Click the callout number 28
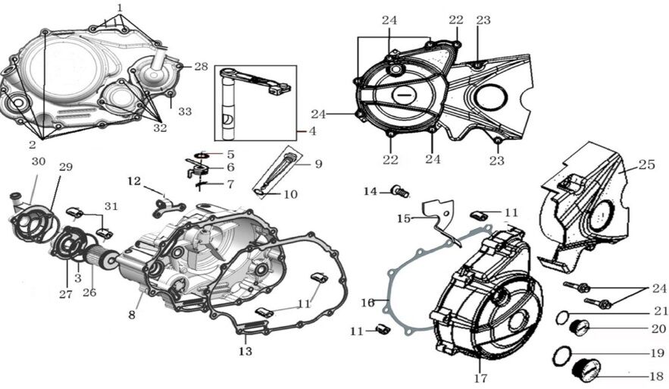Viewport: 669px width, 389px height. [201, 67]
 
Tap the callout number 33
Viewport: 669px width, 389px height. [185, 111]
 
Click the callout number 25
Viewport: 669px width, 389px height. [646, 164]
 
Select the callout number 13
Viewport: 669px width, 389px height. [245, 352]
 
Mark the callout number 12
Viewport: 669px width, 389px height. [134, 180]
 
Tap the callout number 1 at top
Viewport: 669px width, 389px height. [119, 7]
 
